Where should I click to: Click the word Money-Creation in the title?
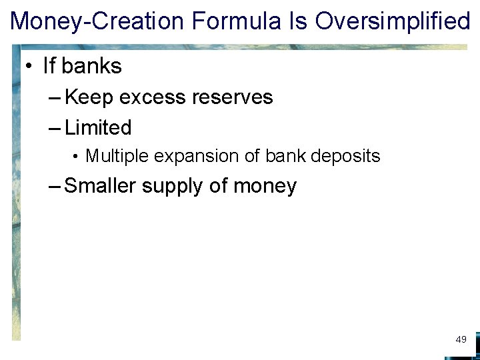pyautogui.click(x=97, y=21)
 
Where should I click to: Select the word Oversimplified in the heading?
pyautogui.click(x=393, y=21)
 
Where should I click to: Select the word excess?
pyautogui.click(x=153, y=97)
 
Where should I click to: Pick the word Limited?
pyautogui.click(x=98, y=127)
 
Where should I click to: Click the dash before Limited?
pyautogui.click(x=55, y=128)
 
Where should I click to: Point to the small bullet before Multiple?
pyautogui.click(x=77, y=157)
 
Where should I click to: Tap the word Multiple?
pyautogui.click(x=117, y=157)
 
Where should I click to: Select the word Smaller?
pyautogui.click(x=101, y=186)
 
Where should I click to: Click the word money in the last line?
pyautogui.click(x=265, y=187)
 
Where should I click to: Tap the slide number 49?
pyautogui.click(x=461, y=340)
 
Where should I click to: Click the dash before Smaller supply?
pyautogui.click(x=55, y=187)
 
